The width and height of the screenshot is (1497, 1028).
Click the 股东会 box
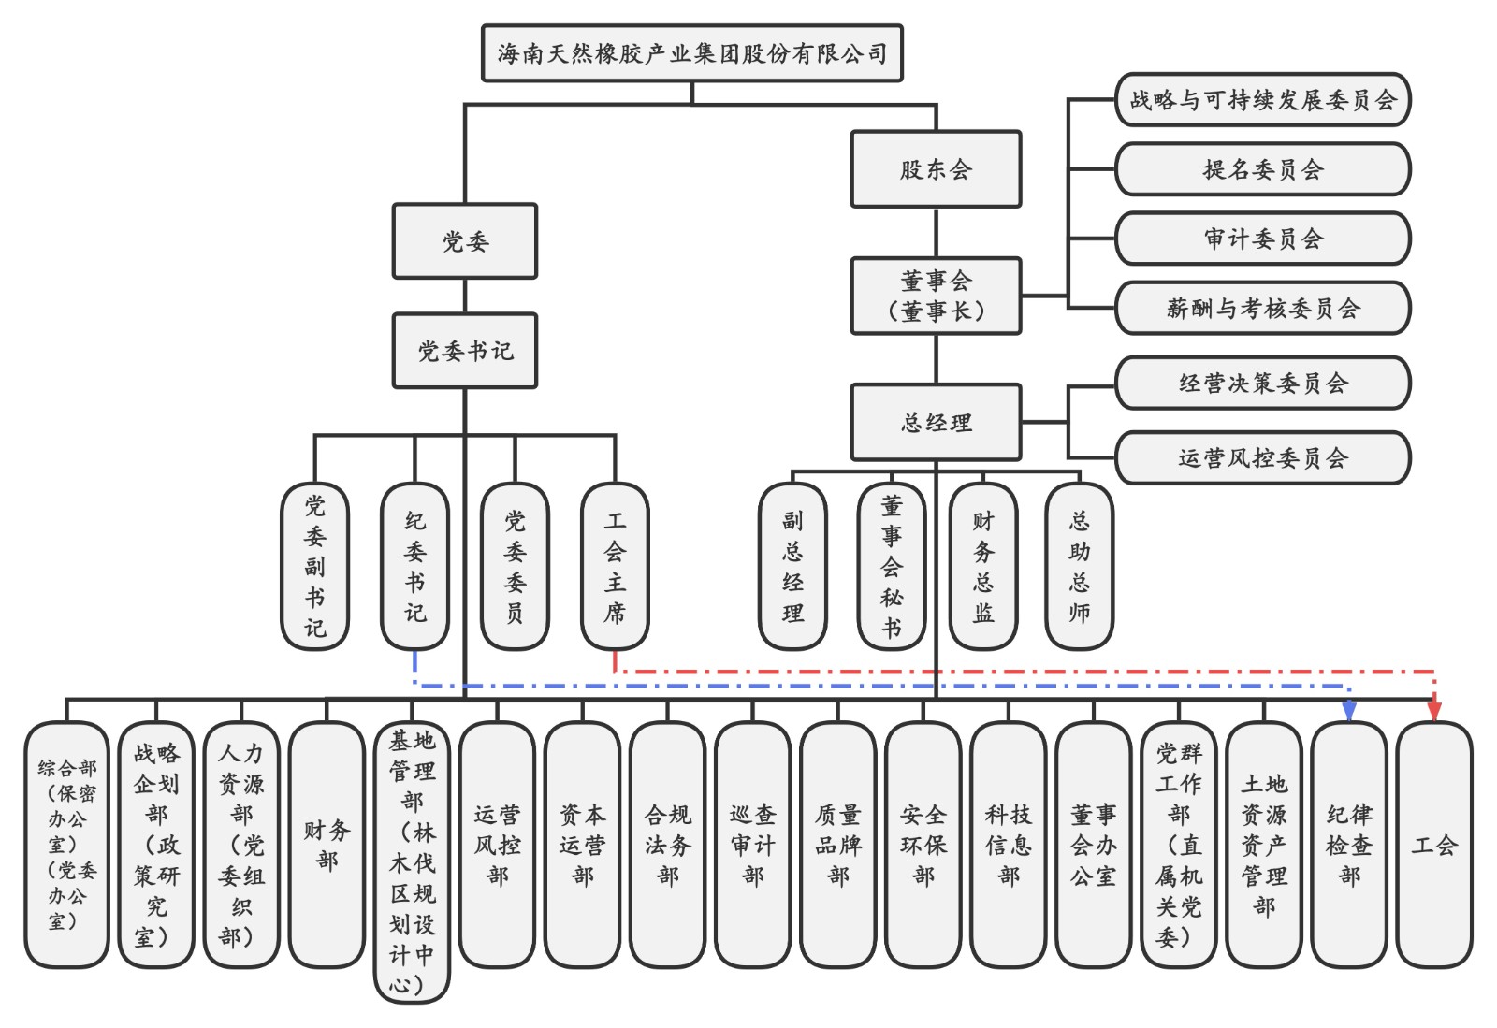(935, 169)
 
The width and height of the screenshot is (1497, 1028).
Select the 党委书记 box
(465, 351)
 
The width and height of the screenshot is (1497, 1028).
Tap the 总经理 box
(935, 422)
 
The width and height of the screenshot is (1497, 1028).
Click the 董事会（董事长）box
(935, 296)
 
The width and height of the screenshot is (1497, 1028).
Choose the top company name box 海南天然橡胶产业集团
(691, 53)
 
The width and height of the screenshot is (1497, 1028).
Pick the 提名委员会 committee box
(1262, 169)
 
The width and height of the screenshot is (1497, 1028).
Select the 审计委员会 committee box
(1262, 239)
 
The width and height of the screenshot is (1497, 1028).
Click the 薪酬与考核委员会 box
(1262, 308)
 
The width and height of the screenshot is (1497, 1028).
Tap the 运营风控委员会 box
(1262, 457)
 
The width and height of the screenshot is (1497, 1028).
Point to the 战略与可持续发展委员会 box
(1262, 99)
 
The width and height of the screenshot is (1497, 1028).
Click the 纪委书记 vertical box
(414, 566)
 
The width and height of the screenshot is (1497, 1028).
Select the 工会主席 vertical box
(615, 566)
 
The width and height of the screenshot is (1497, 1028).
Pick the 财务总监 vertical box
(982, 566)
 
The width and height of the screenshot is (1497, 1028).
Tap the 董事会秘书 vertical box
(892, 566)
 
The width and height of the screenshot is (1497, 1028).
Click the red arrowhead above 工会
(1434, 712)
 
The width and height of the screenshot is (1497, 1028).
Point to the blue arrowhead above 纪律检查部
(1349, 712)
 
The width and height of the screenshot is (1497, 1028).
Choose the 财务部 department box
(327, 845)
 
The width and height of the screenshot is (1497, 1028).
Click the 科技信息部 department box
(1009, 845)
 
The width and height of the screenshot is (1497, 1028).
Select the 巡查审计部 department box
(753, 845)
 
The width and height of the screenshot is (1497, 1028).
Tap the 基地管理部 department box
(413, 861)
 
